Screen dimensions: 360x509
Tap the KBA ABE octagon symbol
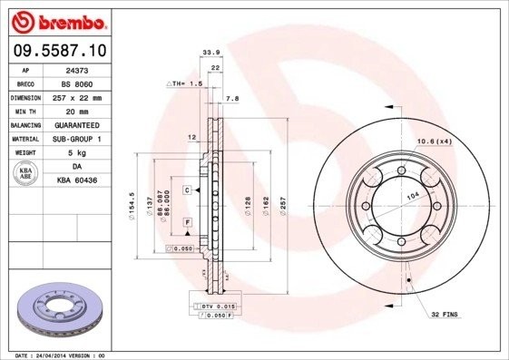point(25,174)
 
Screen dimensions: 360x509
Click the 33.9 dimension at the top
point(210,53)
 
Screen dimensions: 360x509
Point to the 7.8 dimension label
point(231,98)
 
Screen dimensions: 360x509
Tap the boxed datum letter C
point(186,190)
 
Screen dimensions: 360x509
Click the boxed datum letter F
point(187,222)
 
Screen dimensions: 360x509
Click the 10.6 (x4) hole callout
point(434,141)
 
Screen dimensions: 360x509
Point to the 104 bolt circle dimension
point(415,196)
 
